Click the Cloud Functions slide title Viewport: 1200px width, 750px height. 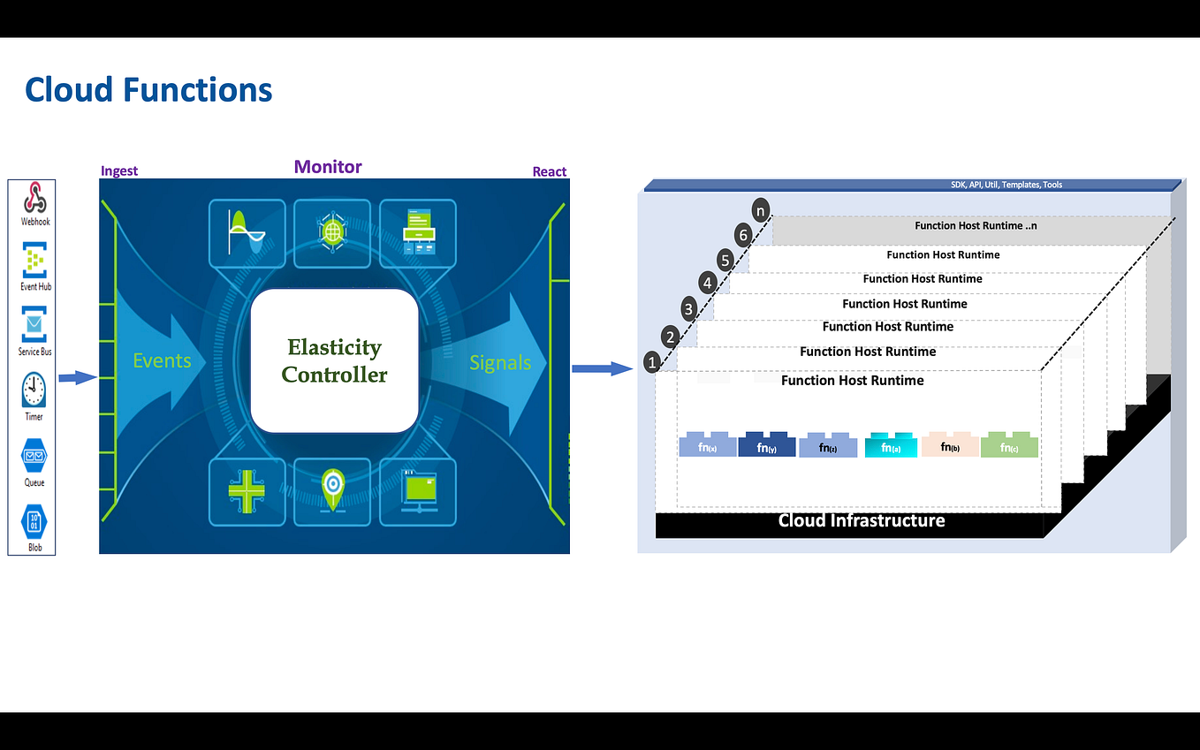pyautogui.click(x=148, y=90)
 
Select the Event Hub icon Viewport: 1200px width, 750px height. pyautogui.click(x=34, y=261)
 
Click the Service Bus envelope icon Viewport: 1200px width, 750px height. pyautogui.click(x=34, y=325)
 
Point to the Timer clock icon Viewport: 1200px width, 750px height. pyautogui.click(x=34, y=389)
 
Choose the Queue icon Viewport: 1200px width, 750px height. pyautogui.click(x=34, y=455)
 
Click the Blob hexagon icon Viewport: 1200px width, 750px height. pyautogui.click(x=34, y=520)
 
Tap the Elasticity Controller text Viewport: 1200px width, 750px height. pyautogui.click(x=334, y=360)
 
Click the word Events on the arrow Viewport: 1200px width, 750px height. pyautogui.click(x=162, y=360)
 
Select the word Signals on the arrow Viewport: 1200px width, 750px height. pyautogui.click(x=500, y=363)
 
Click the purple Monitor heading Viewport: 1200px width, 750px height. pyautogui.click(x=328, y=167)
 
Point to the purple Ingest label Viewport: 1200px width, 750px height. pyautogui.click(x=119, y=171)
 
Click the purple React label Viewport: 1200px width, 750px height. pyautogui.click(x=549, y=171)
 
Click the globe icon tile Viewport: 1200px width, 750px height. pyautogui.click(x=332, y=232)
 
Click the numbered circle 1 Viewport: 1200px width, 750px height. pyautogui.click(x=652, y=361)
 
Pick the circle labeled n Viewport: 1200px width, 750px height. pyautogui.click(x=761, y=210)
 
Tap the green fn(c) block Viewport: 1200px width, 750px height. pyautogui.click(x=1009, y=445)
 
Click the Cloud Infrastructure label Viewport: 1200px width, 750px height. pyautogui.click(x=862, y=520)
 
